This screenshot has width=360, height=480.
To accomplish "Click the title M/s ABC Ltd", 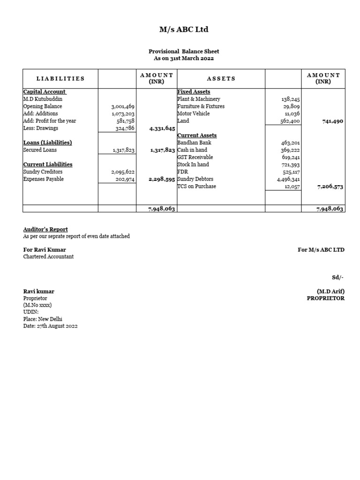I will click(x=184, y=30).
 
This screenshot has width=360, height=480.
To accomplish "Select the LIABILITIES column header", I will click(x=60, y=79).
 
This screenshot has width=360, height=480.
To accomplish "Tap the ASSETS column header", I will click(x=221, y=79).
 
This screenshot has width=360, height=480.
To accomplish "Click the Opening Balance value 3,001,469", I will click(x=123, y=106).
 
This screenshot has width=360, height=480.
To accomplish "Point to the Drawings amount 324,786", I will click(x=125, y=128).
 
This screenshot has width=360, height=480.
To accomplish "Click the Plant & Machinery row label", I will click(x=199, y=99).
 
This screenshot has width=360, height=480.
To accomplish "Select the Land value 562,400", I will click(x=290, y=121).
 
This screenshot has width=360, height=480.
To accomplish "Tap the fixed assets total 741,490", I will click(x=333, y=121).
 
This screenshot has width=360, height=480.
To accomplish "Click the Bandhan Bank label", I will click(x=194, y=142).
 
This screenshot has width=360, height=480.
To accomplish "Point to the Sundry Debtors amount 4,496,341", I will click(x=288, y=179).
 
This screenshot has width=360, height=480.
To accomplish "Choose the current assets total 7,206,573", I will click(x=330, y=187).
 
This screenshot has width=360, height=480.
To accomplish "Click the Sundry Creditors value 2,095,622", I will click(x=123, y=172).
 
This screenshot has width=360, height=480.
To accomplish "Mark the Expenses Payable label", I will click(x=44, y=179).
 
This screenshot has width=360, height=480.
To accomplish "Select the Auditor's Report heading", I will click(x=45, y=229).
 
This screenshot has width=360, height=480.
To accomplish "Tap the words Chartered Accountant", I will click(x=48, y=257).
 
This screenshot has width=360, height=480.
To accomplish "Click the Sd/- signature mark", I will click(x=338, y=277).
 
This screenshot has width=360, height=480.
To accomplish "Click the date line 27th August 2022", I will click(x=50, y=326).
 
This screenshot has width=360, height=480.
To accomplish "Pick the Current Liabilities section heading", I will click(x=48, y=165).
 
